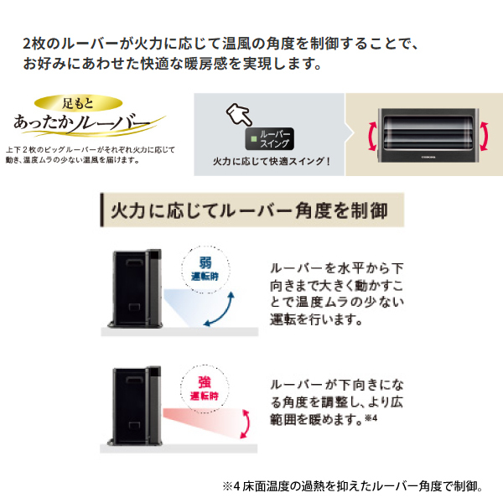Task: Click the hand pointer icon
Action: (238, 114)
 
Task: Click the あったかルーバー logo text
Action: (84, 127)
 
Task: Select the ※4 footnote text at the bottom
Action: (352, 485)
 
